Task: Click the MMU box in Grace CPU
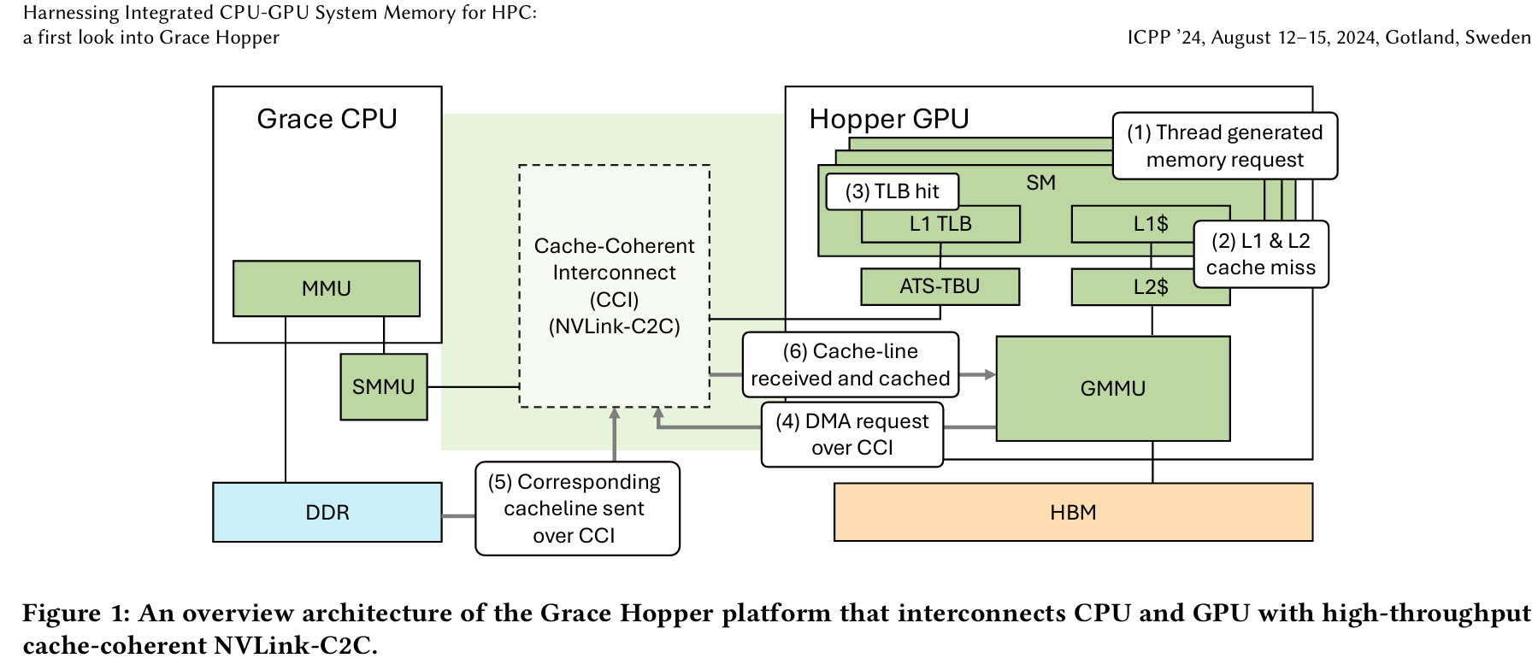[326, 289]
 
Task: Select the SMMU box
[383, 387]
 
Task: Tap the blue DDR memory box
[327, 512]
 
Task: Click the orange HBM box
[1072, 512]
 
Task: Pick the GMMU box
[1112, 389]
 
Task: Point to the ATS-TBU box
[939, 286]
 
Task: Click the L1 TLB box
[940, 225]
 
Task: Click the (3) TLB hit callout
[892, 191]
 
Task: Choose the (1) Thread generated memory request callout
[1224, 146]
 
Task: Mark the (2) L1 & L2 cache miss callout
[1260, 255]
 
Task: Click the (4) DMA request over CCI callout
[851, 434]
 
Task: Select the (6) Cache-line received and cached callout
[850, 365]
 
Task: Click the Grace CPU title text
[327, 119]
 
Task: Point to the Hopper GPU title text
[888, 119]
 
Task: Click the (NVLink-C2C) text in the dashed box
[614, 326]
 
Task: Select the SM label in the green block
[1040, 183]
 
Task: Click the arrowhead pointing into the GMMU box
[990, 374]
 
